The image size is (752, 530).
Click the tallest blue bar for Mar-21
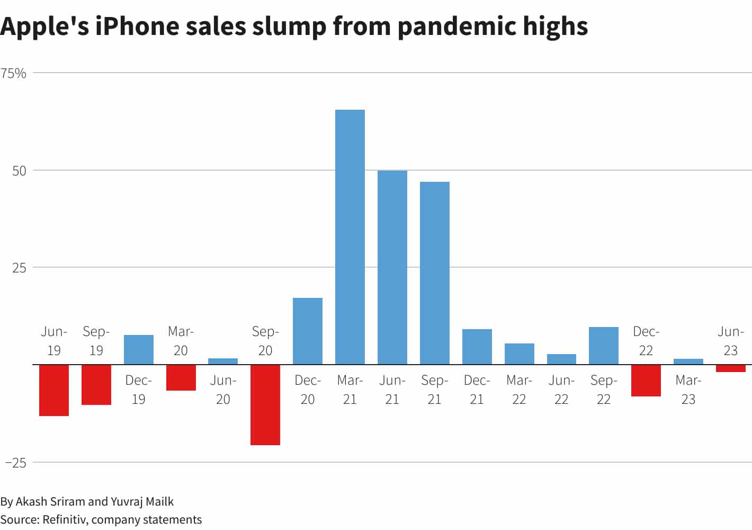point(350,237)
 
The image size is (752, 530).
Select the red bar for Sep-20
point(265,404)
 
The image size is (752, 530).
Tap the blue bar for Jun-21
point(392,267)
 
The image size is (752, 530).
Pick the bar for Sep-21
point(434,273)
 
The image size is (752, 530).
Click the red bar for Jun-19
point(54,390)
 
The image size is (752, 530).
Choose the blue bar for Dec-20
point(307,331)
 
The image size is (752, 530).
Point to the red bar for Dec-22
point(646,380)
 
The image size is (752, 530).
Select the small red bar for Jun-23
point(730,368)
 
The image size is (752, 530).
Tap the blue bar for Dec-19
point(138,350)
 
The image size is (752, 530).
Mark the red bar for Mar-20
point(181,377)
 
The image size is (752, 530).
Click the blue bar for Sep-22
point(603,346)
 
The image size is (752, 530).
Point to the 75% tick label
point(13,73)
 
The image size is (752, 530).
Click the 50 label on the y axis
point(19,171)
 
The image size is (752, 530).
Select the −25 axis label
point(16,463)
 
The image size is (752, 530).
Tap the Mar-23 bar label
point(688,390)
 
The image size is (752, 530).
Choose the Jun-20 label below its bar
point(223,390)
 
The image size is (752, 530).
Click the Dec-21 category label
point(477,390)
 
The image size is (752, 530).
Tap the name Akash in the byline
point(32,501)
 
